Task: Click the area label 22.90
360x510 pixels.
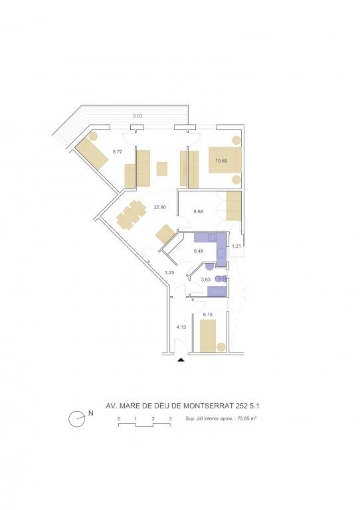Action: click(x=160, y=207)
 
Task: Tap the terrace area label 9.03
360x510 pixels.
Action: click(x=137, y=116)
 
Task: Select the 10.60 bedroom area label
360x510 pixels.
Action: click(x=221, y=160)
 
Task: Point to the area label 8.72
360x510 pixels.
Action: click(x=118, y=151)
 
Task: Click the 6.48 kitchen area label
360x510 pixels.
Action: click(x=198, y=251)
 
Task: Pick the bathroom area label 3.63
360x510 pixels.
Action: click(x=205, y=280)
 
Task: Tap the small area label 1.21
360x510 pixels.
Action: click(x=236, y=246)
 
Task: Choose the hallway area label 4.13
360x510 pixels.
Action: click(x=181, y=327)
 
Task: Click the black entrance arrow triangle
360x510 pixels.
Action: click(x=181, y=360)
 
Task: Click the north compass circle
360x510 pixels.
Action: click(x=77, y=418)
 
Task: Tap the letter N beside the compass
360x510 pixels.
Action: click(x=91, y=413)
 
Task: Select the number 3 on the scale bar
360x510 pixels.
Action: click(x=170, y=418)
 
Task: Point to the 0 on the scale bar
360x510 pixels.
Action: click(x=119, y=418)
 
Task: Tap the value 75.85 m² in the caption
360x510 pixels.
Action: click(x=247, y=418)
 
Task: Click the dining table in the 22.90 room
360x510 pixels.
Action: click(x=132, y=214)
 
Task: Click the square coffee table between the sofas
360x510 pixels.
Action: click(x=162, y=169)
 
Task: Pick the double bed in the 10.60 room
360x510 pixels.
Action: click(x=225, y=159)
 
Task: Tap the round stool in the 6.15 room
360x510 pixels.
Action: click(x=221, y=347)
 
